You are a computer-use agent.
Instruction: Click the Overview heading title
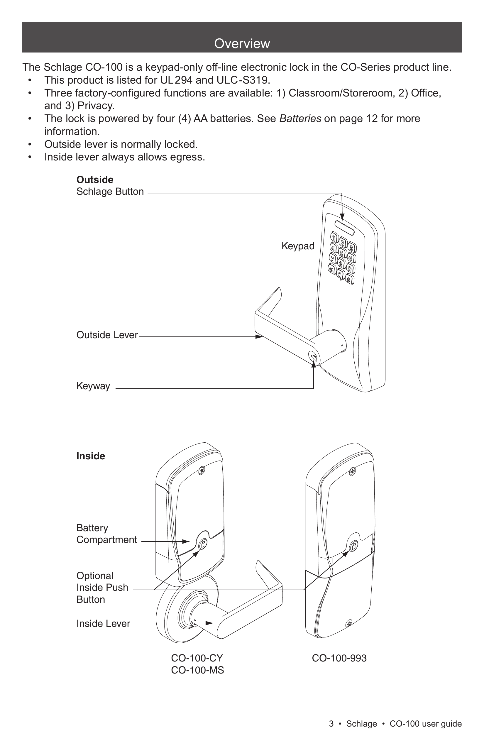tap(242, 44)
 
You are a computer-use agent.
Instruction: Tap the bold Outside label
tap(94, 180)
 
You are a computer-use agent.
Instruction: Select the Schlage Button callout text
tap(110, 192)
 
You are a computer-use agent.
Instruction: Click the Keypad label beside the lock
tap(298, 246)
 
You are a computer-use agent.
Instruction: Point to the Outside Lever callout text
tap(107, 335)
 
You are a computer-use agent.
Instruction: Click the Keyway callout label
tap(93, 386)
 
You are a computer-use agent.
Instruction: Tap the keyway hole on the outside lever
tap(313, 357)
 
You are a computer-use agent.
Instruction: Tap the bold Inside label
tap(91, 456)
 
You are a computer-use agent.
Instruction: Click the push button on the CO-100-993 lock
tap(353, 545)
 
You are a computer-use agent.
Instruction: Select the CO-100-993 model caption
tap(339, 658)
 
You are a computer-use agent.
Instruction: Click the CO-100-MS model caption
tap(197, 670)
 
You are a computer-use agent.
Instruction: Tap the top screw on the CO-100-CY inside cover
tap(202, 471)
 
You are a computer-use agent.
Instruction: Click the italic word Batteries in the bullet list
tap(300, 119)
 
